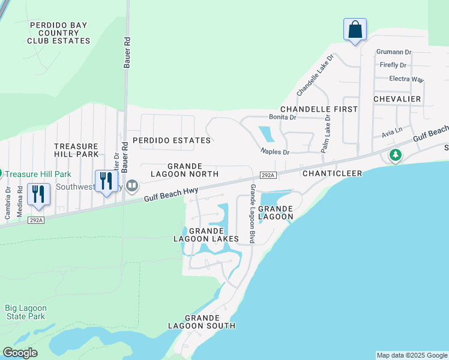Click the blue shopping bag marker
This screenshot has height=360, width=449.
click(x=355, y=29)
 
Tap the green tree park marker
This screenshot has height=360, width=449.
click(x=395, y=156)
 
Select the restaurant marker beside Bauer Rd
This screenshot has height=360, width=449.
click(x=106, y=181)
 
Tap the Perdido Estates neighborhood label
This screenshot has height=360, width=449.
click(x=172, y=140)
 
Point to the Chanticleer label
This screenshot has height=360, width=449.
click(x=330, y=173)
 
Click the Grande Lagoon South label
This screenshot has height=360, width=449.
click(x=209, y=322)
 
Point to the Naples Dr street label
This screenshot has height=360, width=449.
click(x=275, y=152)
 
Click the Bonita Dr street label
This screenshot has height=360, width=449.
click(x=282, y=118)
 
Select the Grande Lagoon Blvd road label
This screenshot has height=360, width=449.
click(x=253, y=214)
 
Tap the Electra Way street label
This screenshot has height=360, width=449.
click(x=406, y=79)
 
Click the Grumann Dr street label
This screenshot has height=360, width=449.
click(x=394, y=53)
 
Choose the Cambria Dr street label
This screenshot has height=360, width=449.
click(x=8, y=197)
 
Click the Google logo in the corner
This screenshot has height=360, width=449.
click(x=20, y=353)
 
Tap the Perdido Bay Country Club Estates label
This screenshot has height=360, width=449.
click(x=58, y=33)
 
